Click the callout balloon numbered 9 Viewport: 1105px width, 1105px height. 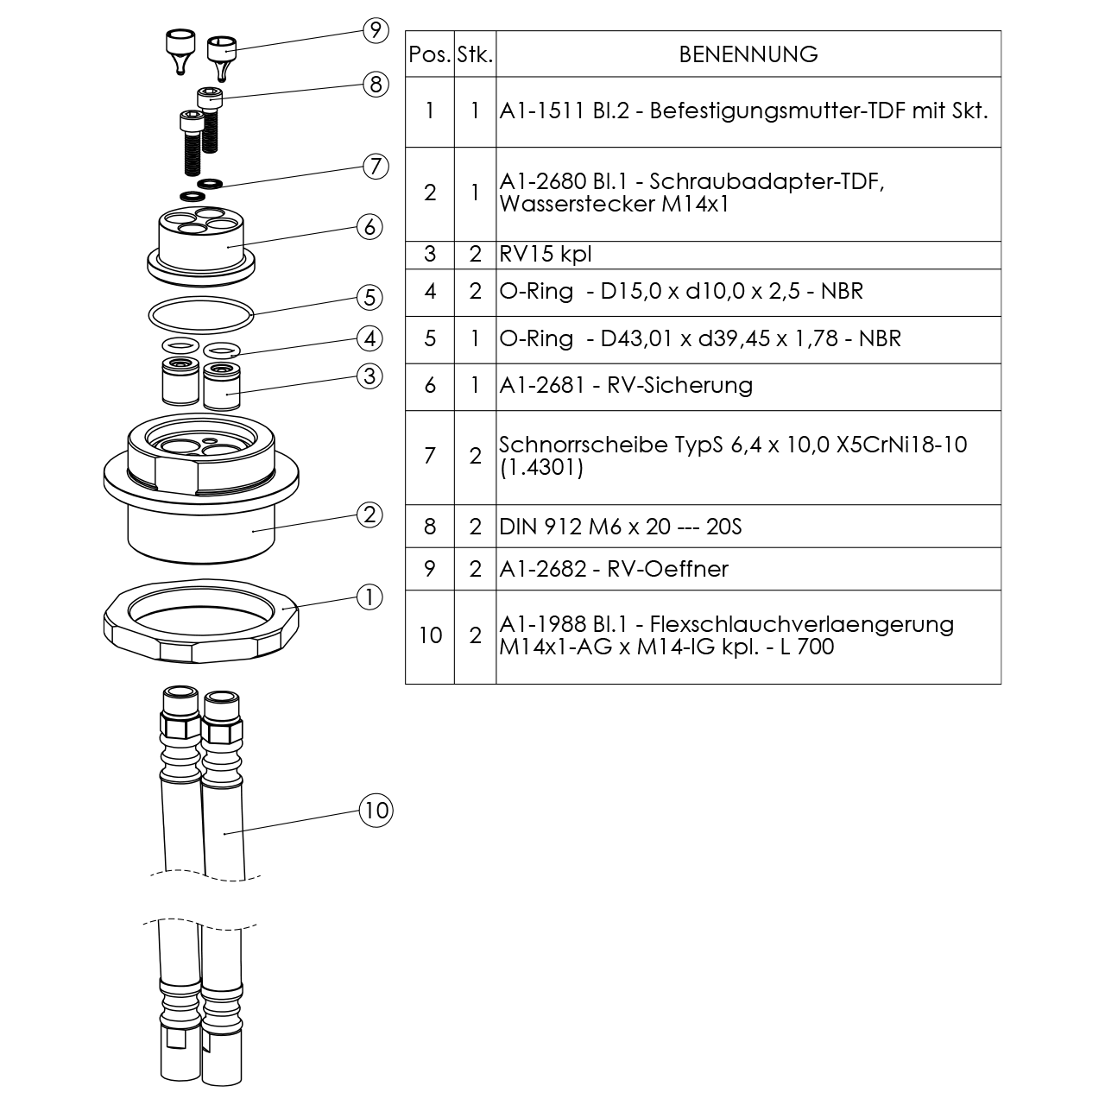pos(375,30)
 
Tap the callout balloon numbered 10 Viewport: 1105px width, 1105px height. pos(376,810)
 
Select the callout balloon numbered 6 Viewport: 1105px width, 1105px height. pos(369,226)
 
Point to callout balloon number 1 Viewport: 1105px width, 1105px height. pos(369,597)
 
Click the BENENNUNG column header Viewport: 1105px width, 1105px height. pos(748,54)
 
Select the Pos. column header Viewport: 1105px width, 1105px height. pos(430,54)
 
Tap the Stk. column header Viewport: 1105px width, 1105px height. pos(475,54)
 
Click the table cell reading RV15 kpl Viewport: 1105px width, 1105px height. pos(546,255)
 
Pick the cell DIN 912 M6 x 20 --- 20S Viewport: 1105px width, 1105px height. pos(621,527)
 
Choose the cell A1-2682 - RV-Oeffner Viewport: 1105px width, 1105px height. pos(614,569)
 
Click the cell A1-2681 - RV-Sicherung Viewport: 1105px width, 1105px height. pos(626,385)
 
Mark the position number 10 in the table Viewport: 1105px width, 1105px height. pos(430,636)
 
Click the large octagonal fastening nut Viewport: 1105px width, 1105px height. pos(201,622)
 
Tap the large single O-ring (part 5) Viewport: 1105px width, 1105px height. pos(201,313)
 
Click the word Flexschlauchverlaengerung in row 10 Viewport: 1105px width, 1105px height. pos(801,624)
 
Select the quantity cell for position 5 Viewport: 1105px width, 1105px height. pos(475,338)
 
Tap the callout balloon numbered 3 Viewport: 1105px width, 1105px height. pos(369,376)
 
